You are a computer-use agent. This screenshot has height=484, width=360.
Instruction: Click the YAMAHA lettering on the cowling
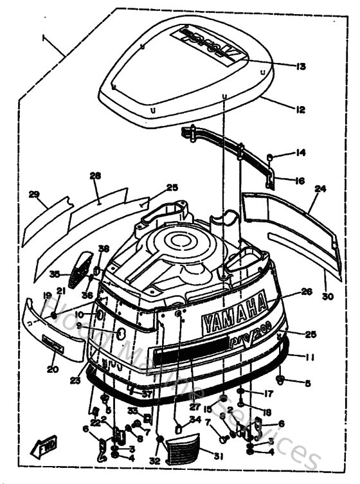coord(234,312)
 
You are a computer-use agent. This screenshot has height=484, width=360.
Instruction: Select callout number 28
coord(96,175)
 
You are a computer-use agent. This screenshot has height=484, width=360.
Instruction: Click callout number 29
coord(34,193)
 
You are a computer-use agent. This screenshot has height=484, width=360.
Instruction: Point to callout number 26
coord(307,291)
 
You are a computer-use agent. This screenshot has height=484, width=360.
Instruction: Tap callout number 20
coord(51,369)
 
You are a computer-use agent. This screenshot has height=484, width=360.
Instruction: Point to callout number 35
coord(55,273)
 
